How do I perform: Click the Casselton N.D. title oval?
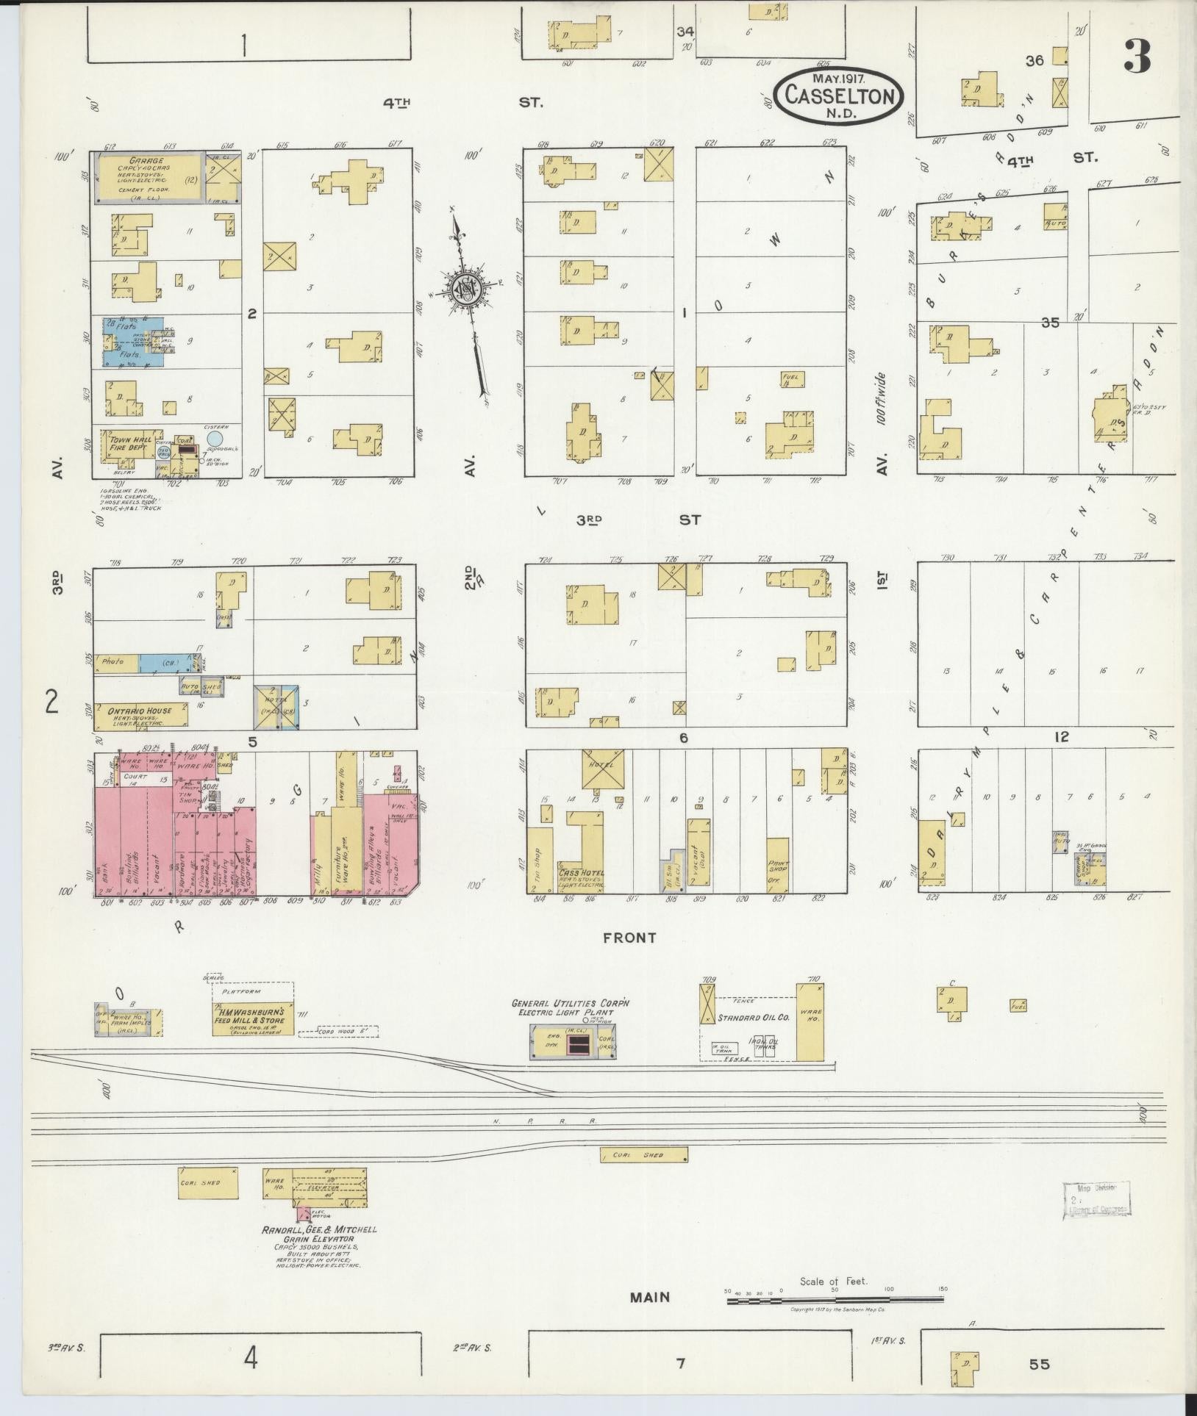(838, 95)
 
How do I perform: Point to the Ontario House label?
(139, 711)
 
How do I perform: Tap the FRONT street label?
(629, 938)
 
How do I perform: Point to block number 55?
(1039, 1365)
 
